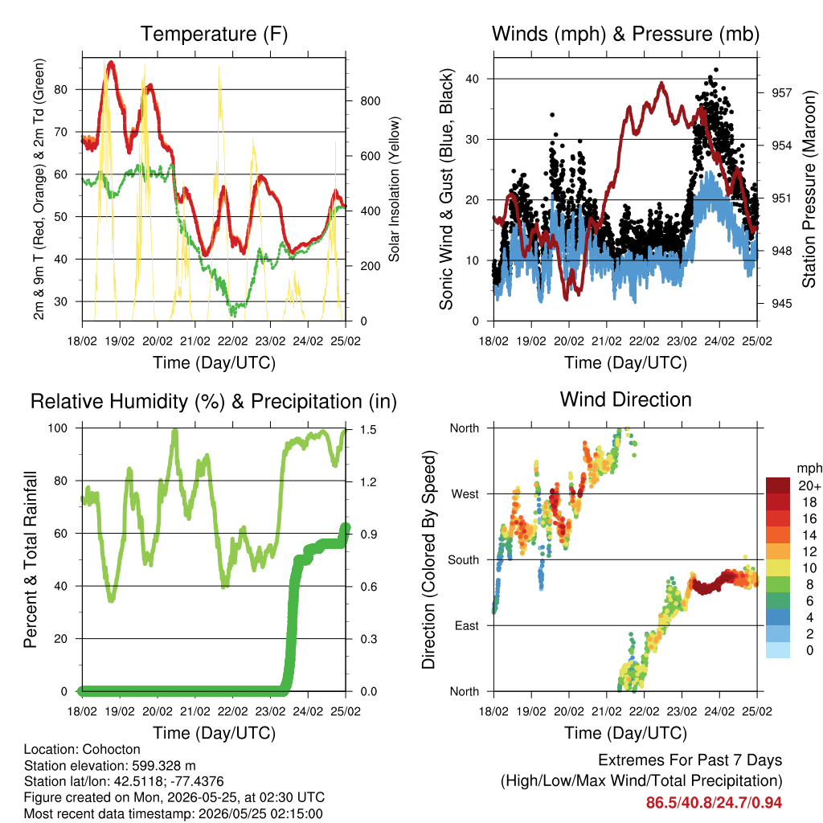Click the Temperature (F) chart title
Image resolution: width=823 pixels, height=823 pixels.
pyautogui.click(x=214, y=34)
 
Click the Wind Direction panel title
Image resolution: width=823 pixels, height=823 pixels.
pyautogui.click(x=625, y=400)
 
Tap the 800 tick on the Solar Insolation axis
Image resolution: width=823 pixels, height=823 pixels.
pyautogui.click(x=370, y=100)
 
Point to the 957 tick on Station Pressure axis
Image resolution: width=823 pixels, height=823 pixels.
pyautogui.click(x=781, y=92)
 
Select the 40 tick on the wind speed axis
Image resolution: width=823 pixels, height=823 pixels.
pyautogui.click(x=472, y=79)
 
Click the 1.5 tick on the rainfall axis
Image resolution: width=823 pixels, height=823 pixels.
pyautogui.click(x=368, y=429)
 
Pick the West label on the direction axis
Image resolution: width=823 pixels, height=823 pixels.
pyautogui.click(x=465, y=494)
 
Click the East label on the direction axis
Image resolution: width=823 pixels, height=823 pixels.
pyautogui.click(x=467, y=625)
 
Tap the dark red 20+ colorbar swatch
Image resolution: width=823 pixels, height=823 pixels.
pyautogui.click(x=778, y=485)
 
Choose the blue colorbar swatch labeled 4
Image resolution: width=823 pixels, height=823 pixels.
pyautogui.click(x=778, y=617)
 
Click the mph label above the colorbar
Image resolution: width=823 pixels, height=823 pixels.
pyautogui.click(x=809, y=469)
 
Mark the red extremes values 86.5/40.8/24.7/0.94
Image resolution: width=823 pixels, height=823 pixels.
pyautogui.click(x=714, y=803)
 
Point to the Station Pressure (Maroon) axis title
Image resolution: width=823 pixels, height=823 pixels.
pyautogui.click(x=809, y=189)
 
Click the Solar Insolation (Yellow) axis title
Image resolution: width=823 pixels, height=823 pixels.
pyautogui.click(x=394, y=189)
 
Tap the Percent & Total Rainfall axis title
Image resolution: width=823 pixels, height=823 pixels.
pyautogui.click(x=31, y=559)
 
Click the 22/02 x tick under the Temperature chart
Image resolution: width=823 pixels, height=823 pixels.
pyautogui.click(x=232, y=341)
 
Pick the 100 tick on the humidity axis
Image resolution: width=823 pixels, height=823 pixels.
pyautogui.click(x=58, y=428)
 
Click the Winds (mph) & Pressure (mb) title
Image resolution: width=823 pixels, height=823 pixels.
pyautogui.click(x=625, y=34)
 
